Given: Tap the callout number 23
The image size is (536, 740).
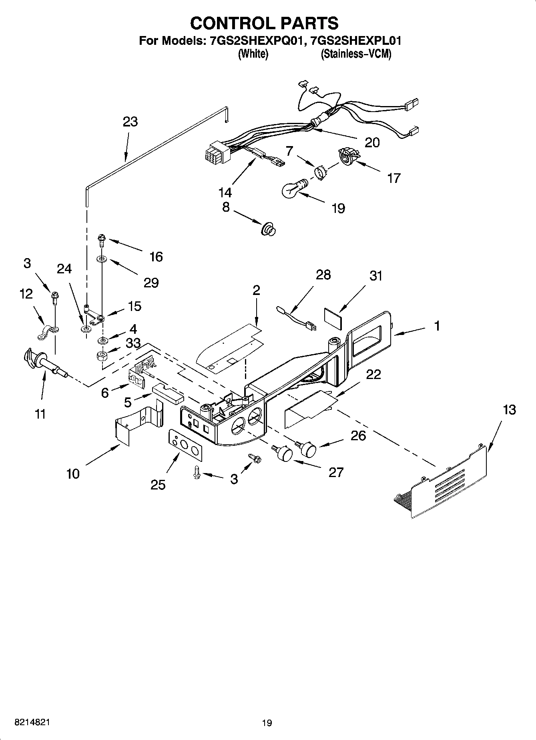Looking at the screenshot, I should coord(130,122).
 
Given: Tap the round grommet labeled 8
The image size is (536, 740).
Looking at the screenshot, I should coord(269,229).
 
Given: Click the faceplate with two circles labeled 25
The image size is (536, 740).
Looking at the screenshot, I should coord(185,444).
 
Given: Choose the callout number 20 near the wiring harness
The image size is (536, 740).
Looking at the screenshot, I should coord(372,142).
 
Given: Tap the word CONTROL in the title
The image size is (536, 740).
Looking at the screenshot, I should coord(228,23).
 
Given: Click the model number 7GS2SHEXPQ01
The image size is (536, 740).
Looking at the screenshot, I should coord(255,41).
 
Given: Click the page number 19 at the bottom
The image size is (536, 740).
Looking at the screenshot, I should coord(267,723).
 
